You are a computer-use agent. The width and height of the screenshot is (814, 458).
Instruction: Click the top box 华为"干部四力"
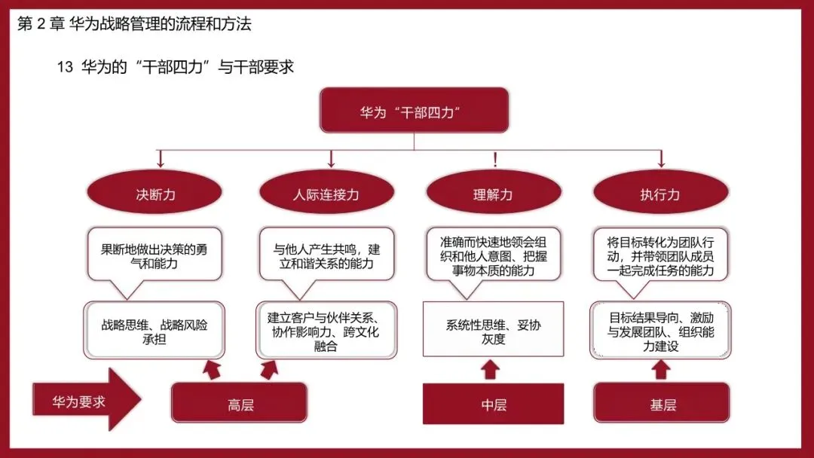(x=414, y=110)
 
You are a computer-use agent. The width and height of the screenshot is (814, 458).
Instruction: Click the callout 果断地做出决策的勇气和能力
(x=155, y=254)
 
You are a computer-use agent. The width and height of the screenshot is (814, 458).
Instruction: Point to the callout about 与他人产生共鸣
(x=326, y=254)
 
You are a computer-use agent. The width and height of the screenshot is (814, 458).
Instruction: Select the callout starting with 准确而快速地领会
(x=494, y=254)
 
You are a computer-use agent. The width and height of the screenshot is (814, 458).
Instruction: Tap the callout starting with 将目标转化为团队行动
(x=661, y=254)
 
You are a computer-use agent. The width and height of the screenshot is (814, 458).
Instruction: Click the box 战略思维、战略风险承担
(x=155, y=331)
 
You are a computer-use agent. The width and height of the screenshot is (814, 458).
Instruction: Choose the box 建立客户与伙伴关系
(x=326, y=331)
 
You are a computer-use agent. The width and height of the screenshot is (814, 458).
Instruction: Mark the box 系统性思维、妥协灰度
(x=493, y=329)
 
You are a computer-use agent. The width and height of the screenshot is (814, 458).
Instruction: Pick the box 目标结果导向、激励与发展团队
(x=660, y=331)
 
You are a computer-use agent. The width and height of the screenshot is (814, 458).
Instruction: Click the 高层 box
(x=240, y=403)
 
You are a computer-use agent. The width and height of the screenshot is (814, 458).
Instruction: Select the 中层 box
(x=493, y=404)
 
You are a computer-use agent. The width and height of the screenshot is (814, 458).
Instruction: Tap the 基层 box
(x=662, y=403)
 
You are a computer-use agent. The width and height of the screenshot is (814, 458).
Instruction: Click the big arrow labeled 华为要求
(x=87, y=399)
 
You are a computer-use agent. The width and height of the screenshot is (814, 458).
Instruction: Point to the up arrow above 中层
(x=490, y=370)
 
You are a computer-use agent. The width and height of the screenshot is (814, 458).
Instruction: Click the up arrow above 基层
(x=660, y=370)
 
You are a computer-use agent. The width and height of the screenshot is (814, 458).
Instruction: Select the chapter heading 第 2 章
(x=41, y=24)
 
